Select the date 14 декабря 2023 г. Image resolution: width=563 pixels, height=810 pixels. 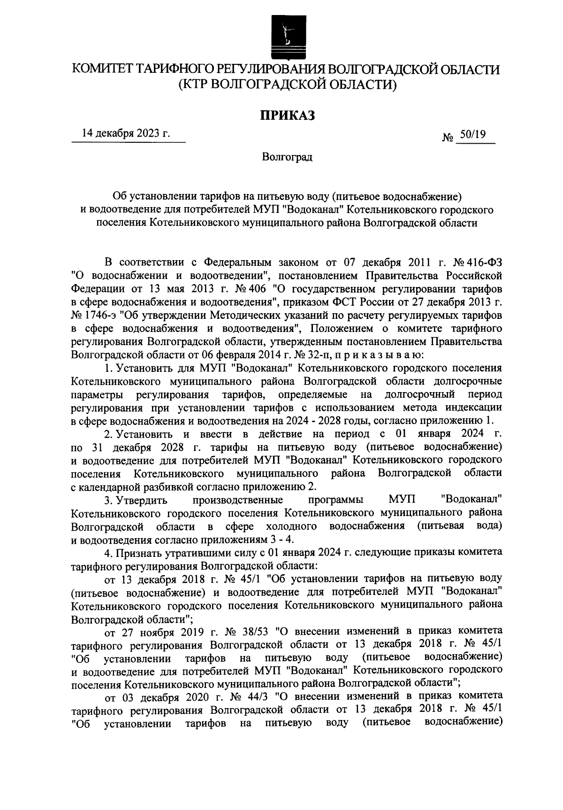click(x=126, y=133)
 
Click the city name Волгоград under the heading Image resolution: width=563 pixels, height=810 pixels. click(x=287, y=157)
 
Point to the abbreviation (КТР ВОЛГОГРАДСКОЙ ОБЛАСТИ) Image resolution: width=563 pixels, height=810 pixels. click(x=287, y=85)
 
